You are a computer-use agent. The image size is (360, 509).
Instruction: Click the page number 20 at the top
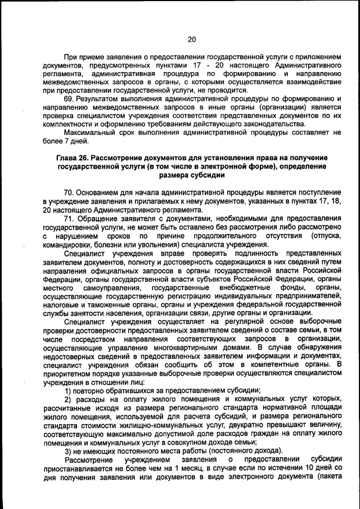(x=191, y=39)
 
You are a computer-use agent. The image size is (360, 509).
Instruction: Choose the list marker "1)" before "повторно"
(x=68, y=390)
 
